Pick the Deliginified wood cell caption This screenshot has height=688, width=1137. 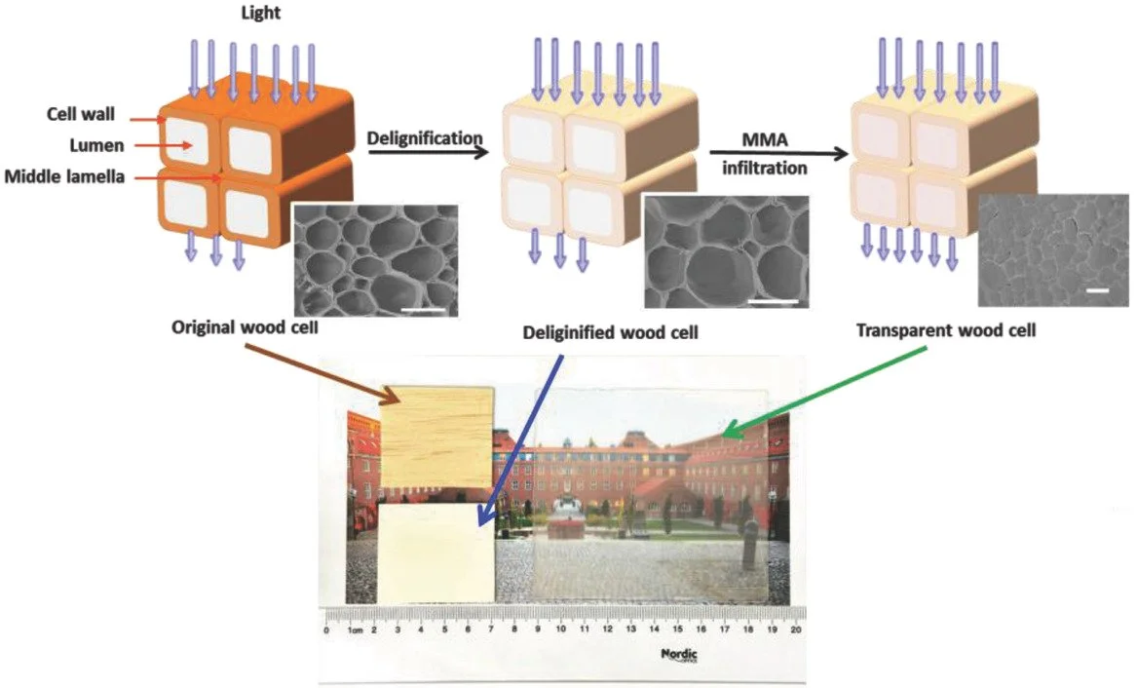click(611, 332)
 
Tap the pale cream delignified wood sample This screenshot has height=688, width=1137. click(436, 552)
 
